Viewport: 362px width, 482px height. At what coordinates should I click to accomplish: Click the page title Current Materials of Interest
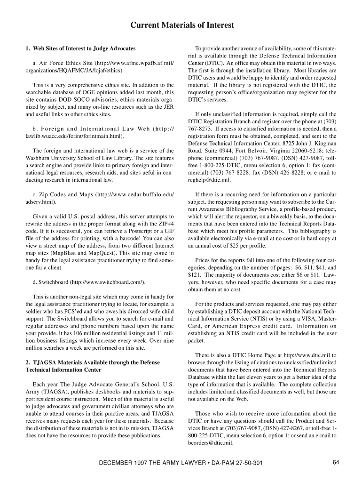click(x=181, y=25)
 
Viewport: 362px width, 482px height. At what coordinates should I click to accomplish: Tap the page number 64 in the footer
click(x=336, y=462)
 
